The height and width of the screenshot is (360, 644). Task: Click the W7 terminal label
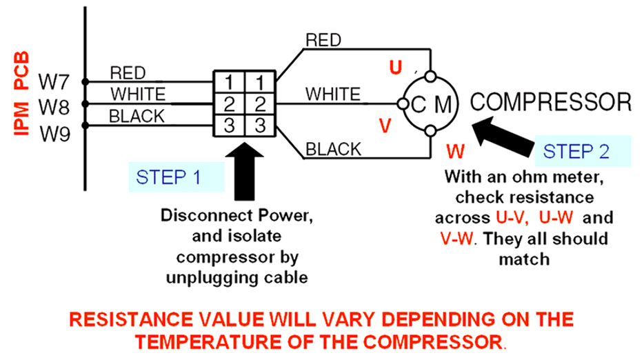coord(54,82)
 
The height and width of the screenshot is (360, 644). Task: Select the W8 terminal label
coord(54,106)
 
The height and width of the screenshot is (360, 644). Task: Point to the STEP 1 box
coord(177,177)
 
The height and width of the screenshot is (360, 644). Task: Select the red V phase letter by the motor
coord(386,126)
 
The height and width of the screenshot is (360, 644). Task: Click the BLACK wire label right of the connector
coord(334,148)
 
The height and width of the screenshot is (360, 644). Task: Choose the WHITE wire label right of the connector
coord(332,92)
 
